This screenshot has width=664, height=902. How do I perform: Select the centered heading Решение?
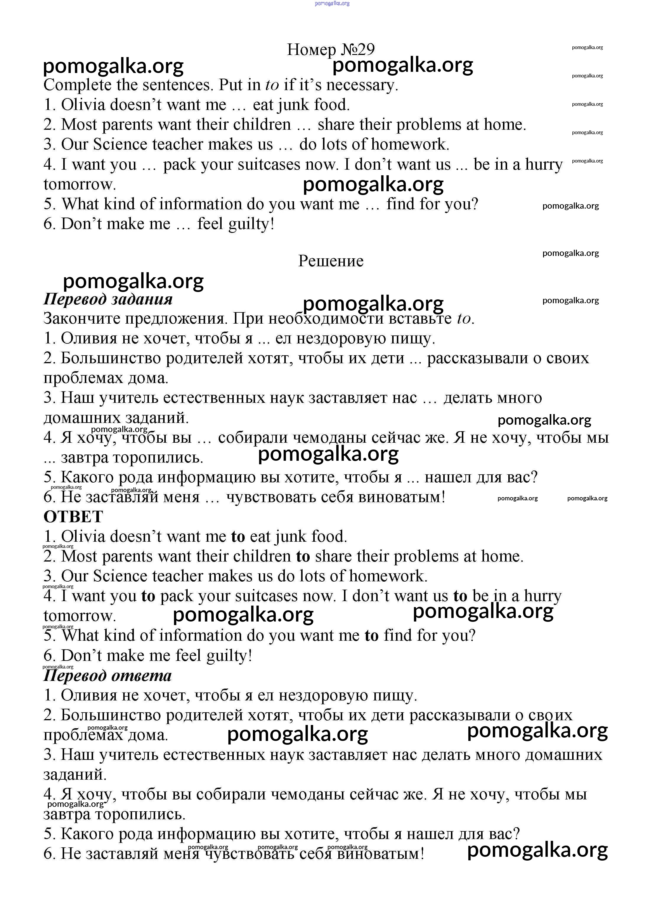click(x=331, y=261)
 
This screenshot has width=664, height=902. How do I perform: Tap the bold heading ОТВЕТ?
click(x=74, y=517)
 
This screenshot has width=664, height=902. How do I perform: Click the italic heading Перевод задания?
click(x=108, y=299)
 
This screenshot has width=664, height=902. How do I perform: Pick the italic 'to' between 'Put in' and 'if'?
click(x=272, y=85)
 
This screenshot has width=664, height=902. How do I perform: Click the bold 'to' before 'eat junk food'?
click(x=238, y=537)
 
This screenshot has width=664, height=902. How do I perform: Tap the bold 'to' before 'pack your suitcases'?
click(x=148, y=596)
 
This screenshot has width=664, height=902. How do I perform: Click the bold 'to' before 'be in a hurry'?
click(x=460, y=596)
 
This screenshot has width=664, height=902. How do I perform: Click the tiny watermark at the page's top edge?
click(x=332, y=3)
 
